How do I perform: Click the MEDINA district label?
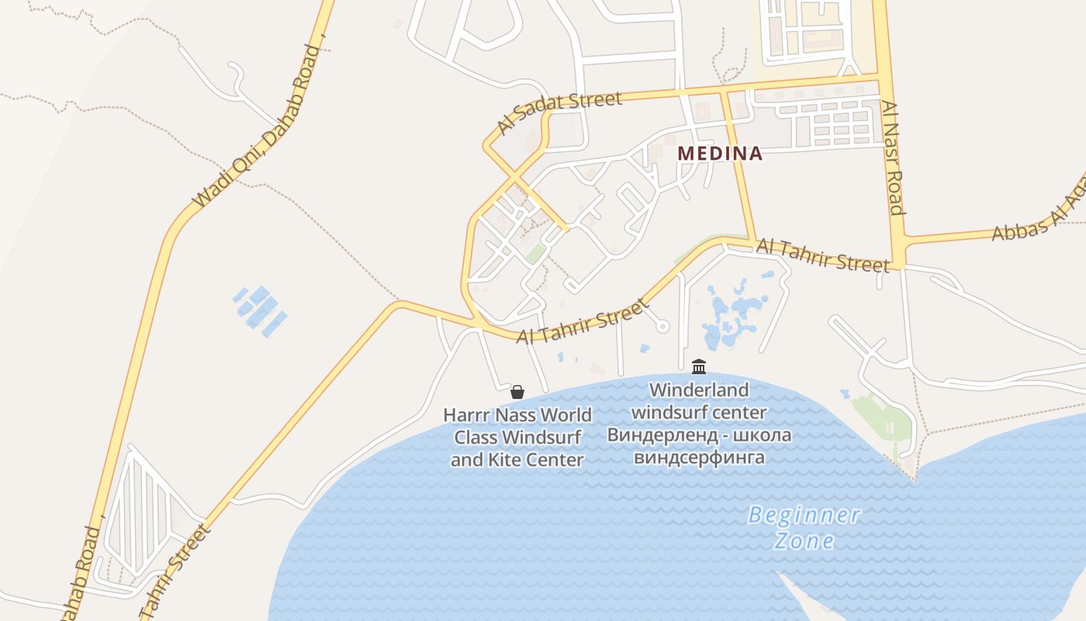(x=720, y=154)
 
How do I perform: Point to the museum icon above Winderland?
(x=699, y=366)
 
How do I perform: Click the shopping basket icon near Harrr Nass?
(x=517, y=391)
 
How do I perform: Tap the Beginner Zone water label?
(x=804, y=527)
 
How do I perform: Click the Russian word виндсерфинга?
(x=699, y=457)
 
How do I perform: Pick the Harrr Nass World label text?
(x=517, y=415)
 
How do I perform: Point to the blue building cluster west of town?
(x=261, y=310)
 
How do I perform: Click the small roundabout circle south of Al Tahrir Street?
(x=662, y=327)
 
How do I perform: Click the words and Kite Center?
(x=517, y=460)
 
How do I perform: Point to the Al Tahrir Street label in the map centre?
(x=582, y=321)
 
